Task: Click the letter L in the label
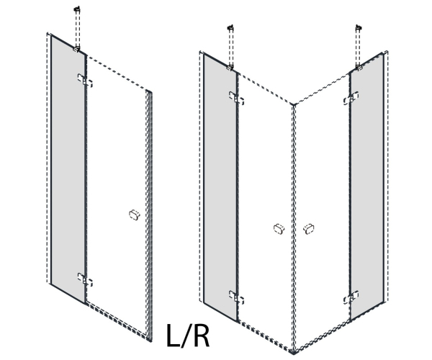click(173, 336)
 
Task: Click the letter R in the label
click(202, 336)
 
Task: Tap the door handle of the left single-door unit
click(135, 215)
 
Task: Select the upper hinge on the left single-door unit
click(85, 81)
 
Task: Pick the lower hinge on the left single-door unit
click(85, 280)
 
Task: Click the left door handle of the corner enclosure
click(279, 229)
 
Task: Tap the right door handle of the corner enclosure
click(308, 229)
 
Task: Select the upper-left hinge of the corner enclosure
click(236, 99)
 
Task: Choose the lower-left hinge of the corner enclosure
click(236, 297)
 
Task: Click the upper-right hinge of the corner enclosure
click(351, 99)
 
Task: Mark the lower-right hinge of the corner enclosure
click(351, 297)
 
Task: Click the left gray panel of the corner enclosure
click(220, 187)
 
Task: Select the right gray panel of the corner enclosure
click(366, 186)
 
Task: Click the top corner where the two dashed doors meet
click(294, 104)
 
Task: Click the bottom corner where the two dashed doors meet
click(294, 353)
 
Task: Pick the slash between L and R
click(186, 336)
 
